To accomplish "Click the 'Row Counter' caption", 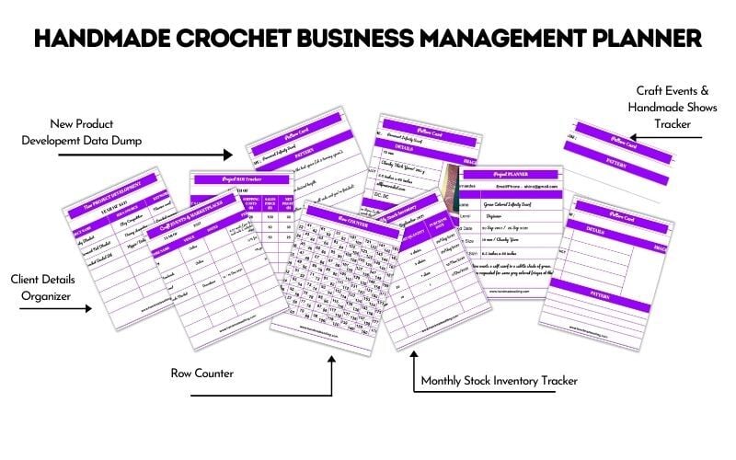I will (x=204, y=374).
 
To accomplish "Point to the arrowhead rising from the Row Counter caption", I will (x=331, y=360).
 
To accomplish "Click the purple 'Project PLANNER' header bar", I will (x=512, y=175).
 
